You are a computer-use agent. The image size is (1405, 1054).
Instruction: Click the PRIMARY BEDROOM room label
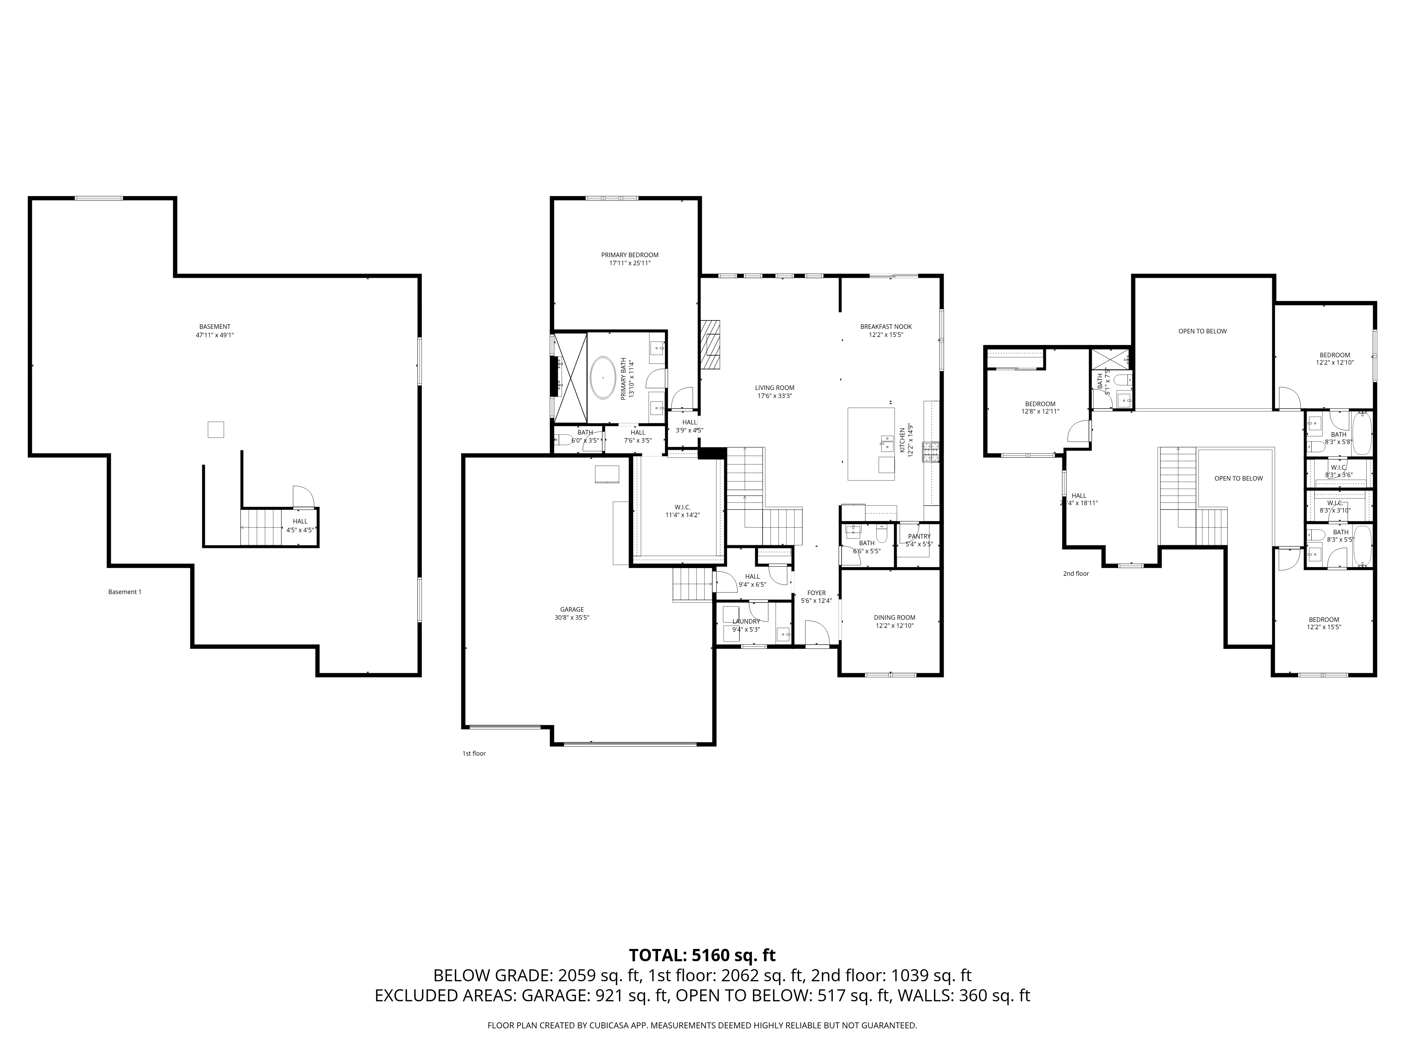(629, 255)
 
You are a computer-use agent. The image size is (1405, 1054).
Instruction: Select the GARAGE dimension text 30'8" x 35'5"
(571, 618)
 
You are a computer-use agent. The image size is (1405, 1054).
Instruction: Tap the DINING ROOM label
(894, 618)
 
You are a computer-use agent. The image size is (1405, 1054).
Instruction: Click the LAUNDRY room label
(746, 622)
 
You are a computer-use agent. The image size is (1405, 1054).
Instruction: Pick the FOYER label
(816, 593)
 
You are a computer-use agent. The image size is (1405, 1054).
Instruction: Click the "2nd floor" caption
(1076, 574)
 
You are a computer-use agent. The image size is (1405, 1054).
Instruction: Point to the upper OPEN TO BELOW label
(1202, 331)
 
